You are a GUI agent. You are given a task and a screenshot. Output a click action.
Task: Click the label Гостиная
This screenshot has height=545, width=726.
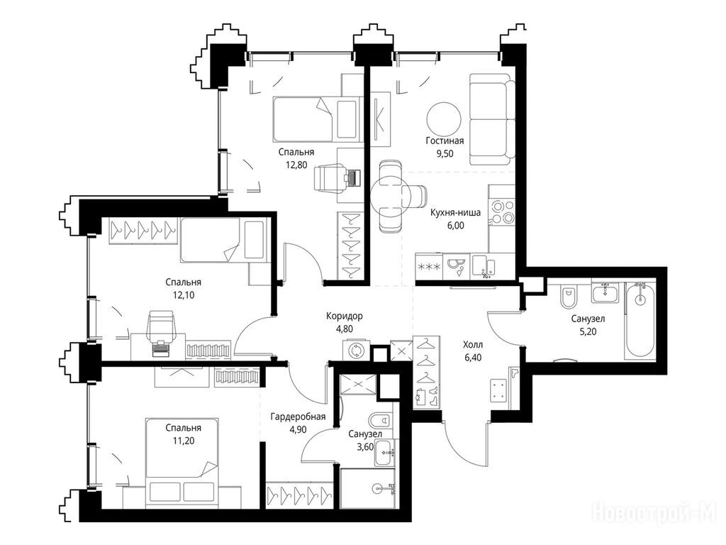pyautogui.click(x=445, y=141)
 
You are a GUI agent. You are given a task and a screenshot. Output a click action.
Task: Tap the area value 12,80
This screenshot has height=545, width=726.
pyautogui.click(x=296, y=165)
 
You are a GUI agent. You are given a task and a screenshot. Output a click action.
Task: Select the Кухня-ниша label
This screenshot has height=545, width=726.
pyautogui.click(x=455, y=213)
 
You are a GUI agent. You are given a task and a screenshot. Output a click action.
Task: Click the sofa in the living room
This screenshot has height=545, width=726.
pyautogui.click(x=492, y=119)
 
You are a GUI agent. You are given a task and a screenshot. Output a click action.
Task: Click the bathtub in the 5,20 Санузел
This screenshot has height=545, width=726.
pyautogui.click(x=640, y=320)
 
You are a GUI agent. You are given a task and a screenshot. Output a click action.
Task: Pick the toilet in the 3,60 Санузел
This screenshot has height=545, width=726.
pyautogui.click(x=380, y=420)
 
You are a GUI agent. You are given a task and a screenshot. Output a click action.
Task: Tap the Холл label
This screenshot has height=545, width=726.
pyautogui.click(x=473, y=345)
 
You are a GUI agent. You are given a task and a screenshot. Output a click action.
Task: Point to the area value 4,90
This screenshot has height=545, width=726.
pyautogui.click(x=298, y=429)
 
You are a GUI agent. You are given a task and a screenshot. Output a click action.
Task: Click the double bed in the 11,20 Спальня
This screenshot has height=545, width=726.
pyautogui.click(x=181, y=463)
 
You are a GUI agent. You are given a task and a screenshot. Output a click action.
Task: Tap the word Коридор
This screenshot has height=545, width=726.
pyautogui.click(x=344, y=316)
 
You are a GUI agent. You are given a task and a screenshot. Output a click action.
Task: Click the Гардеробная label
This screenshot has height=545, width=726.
pyautogui.click(x=298, y=417)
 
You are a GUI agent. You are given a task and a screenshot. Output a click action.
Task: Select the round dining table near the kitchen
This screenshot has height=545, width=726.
pyautogui.click(x=391, y=196)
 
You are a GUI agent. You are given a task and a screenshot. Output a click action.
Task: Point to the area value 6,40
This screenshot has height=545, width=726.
pyautogui.click(x=473, y=358)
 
